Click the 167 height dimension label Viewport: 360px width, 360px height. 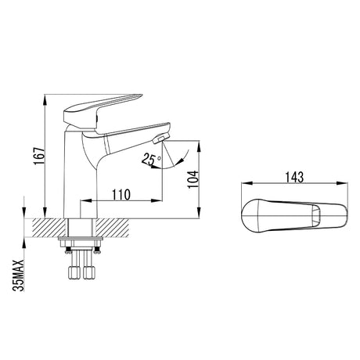coord(39,156)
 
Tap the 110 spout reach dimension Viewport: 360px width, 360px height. coord(121,194)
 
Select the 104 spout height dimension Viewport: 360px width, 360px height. coord(193,179)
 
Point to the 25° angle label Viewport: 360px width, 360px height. coord(151,160)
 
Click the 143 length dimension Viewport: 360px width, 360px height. coord(294,178)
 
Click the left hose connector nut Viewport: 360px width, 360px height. coord(74,272)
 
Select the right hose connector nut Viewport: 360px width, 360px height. coord(89,272)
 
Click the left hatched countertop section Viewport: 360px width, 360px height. coord(49,228)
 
